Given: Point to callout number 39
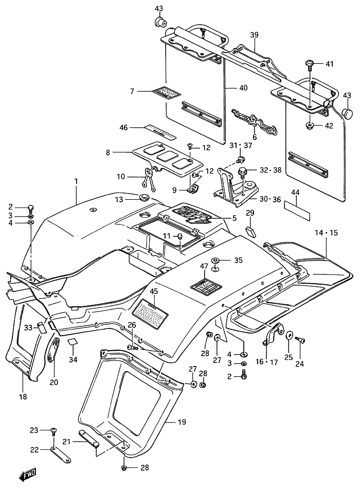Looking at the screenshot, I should point(254,34).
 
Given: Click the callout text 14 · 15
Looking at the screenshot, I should point(327,233).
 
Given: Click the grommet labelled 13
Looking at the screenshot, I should point(143,197).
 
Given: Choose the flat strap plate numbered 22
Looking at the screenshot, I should point(61,454).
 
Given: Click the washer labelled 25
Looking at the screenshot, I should point(290,336).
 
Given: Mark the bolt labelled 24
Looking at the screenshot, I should point(301,340).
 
